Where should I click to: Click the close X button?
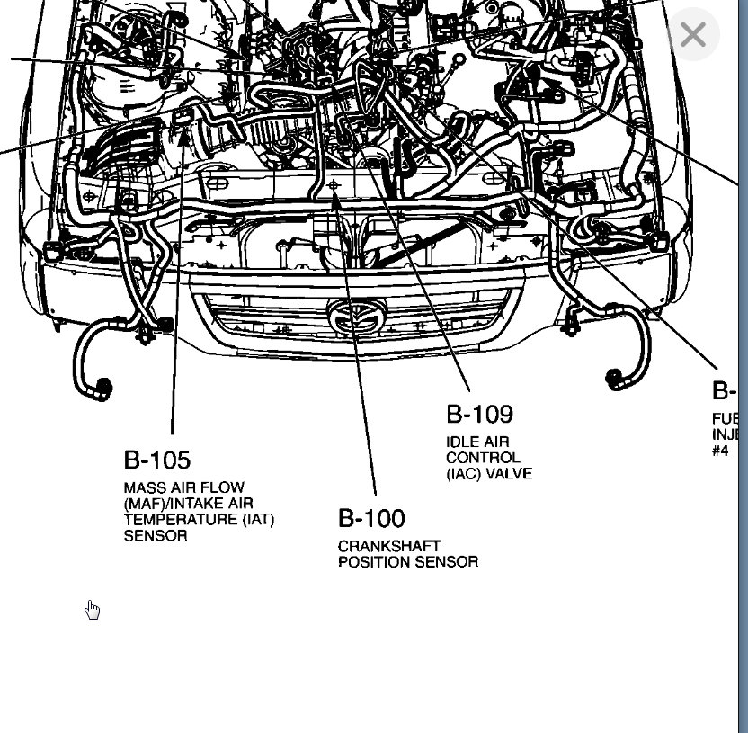click(x=692, y=35)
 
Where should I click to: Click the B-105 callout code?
click(x=157, y=460)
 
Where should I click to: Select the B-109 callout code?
click(x=479, y=414)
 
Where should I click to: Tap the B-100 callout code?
click(x=371, y=518)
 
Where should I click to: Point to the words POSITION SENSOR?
click(x=408, y=562)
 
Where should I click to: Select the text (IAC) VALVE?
click(x=489, y=474)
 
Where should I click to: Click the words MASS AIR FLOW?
click(x=184, y=487)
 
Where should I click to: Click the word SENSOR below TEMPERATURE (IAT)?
click(x=156, y=536)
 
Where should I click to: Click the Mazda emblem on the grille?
click(x=356, y=316)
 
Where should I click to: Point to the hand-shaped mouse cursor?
click(x=92, y=610)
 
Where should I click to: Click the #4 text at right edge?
click(x=720, y=451)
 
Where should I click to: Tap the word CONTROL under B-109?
click(x=483, y=458)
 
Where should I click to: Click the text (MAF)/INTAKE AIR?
click(x=188, y=504)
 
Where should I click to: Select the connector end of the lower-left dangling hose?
click(x=102, y=389)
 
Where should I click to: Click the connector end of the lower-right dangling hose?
click(x=619, y=380)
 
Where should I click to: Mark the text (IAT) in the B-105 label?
click(x=256, y=520)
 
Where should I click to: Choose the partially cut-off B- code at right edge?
click(x=724, y=391)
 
